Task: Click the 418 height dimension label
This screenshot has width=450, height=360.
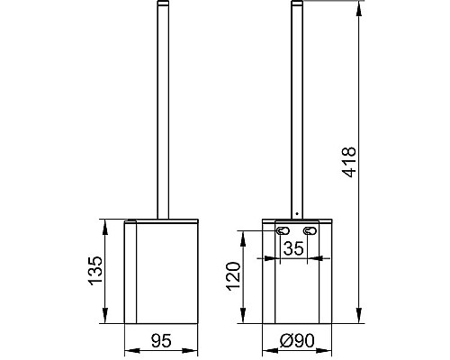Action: click(x=349, y=162)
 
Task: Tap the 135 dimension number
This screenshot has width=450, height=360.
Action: click(x=95, y=270)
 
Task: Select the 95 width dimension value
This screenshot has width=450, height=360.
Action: click(x=161, y=341)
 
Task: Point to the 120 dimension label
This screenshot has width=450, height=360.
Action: click(x=234, y=276)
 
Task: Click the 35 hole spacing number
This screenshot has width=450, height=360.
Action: click(x=293, y=248)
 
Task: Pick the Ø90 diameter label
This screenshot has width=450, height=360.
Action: click(x=297, y=341)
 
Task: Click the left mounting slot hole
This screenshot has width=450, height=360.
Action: click(x=283, y=230)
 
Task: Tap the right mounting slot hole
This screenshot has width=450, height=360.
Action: click(x=310, y=230)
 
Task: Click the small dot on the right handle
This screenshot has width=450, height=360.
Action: click(x=297, y=214)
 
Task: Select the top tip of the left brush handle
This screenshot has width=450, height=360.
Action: click(x=163, y=2)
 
